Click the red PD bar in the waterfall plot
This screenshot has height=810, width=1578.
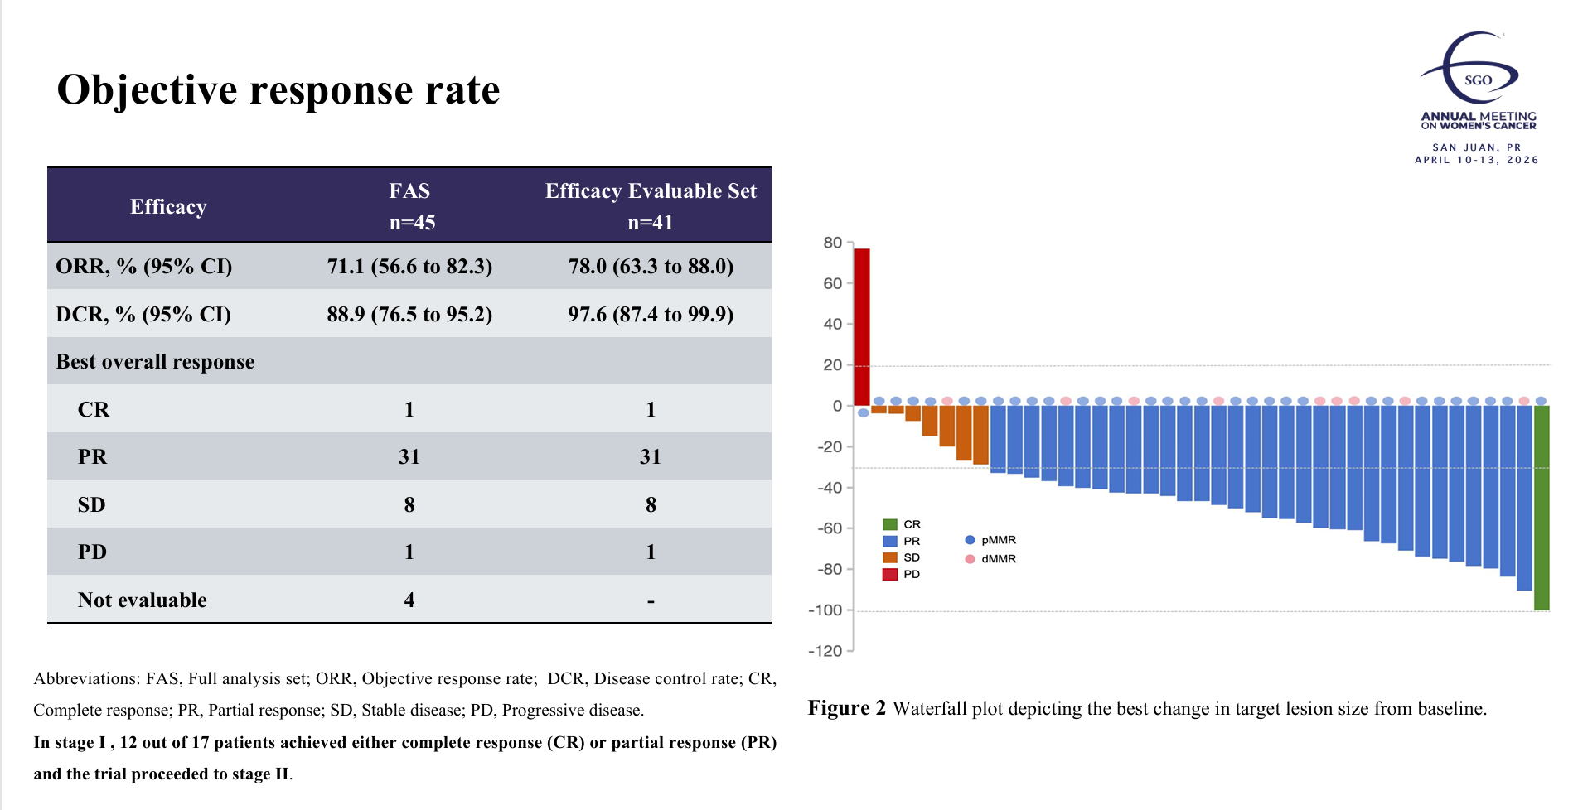[x=862, y=326]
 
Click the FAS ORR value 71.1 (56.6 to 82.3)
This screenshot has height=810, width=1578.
[x=409, y=267]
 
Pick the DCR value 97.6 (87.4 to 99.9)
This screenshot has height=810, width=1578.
[x=651, y=315]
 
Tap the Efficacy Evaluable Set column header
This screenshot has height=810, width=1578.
[x=651, y=205]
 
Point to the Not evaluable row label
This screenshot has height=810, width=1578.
[x=142, y=600]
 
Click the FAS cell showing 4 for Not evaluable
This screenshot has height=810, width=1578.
[x=409, y=600]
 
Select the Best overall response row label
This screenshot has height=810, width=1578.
[x=155, y=362]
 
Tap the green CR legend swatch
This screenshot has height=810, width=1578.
[x=890, y=524]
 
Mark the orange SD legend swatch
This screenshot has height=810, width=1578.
[x=890, y=557]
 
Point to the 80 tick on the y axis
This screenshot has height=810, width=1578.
[x=832, y=243]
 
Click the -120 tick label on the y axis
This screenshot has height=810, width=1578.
[x=825, y=651]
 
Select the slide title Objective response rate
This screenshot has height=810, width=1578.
[x=278, y=89]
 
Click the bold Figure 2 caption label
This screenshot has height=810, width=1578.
[x=846, y=709]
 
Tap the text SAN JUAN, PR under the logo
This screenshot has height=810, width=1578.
[x=1477, y=147]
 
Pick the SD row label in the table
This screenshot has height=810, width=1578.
[x=91, y=504]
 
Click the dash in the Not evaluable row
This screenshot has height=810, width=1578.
[x=651, y=601]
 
